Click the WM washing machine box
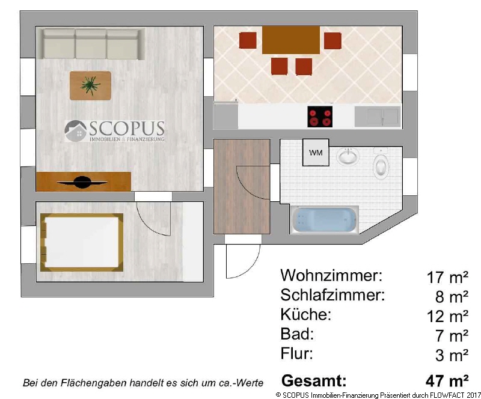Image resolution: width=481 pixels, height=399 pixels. click(x=316, y=153)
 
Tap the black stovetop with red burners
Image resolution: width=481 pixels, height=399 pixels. click(x=320, y=117)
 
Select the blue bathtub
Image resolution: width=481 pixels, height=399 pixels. click(x=324, y=220)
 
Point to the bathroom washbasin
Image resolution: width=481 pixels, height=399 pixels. click(x=348, y=156)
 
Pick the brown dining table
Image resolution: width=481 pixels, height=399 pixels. click(x=291, y=40)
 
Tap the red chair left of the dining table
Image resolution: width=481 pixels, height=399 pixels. click(x=248, y=40)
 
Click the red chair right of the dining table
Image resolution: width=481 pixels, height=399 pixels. click(x=332, y=40)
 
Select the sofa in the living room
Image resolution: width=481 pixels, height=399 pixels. click(x=91, y=43)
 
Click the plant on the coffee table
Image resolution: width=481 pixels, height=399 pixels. click(x=90, y=85)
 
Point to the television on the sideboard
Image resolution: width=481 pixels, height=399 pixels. click(x=82, y=183)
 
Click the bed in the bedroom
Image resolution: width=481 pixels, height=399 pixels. click(x=82, y=243)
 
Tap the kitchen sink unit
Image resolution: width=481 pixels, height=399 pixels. click(x=378, y=117)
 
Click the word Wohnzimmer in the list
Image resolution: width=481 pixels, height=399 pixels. click(x=331, y=275)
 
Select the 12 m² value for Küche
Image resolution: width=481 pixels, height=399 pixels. click(x=447, y=316)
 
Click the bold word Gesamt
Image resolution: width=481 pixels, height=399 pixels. click(x=314, y=380)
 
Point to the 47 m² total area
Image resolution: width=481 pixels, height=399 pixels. click(x=447, y=381)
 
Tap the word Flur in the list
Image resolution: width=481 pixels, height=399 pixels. click(x=296, y=353)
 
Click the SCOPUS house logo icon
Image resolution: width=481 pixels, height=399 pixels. click(x=76, y=131)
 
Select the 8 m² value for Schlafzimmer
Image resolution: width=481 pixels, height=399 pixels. click(x=452, y=297)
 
